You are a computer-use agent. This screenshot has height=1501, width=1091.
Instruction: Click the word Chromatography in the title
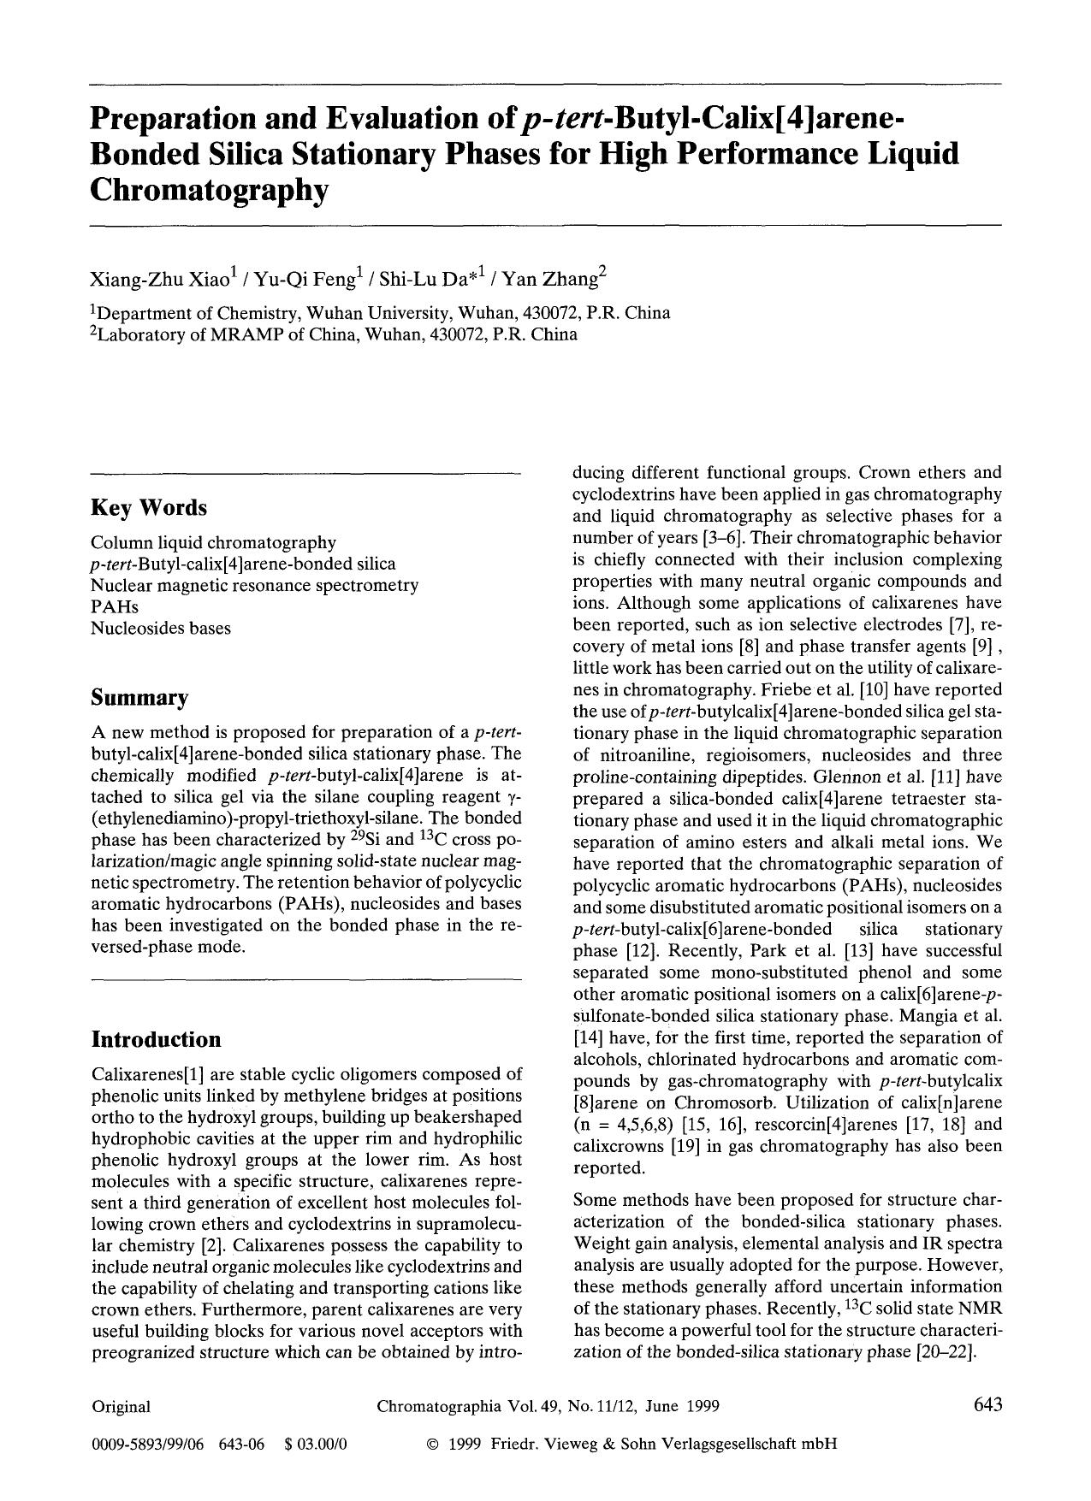[209, 190]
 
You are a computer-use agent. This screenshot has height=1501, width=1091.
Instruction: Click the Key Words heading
[149, 508]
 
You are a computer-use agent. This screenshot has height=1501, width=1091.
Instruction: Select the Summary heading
[139, 698]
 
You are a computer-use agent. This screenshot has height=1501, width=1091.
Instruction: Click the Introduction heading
[156, 1040]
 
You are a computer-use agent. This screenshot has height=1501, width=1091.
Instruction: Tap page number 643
[987, 1405]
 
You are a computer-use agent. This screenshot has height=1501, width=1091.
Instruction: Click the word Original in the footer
[121, 1407]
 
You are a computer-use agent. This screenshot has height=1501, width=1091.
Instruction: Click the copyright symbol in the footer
[432, 1445]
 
